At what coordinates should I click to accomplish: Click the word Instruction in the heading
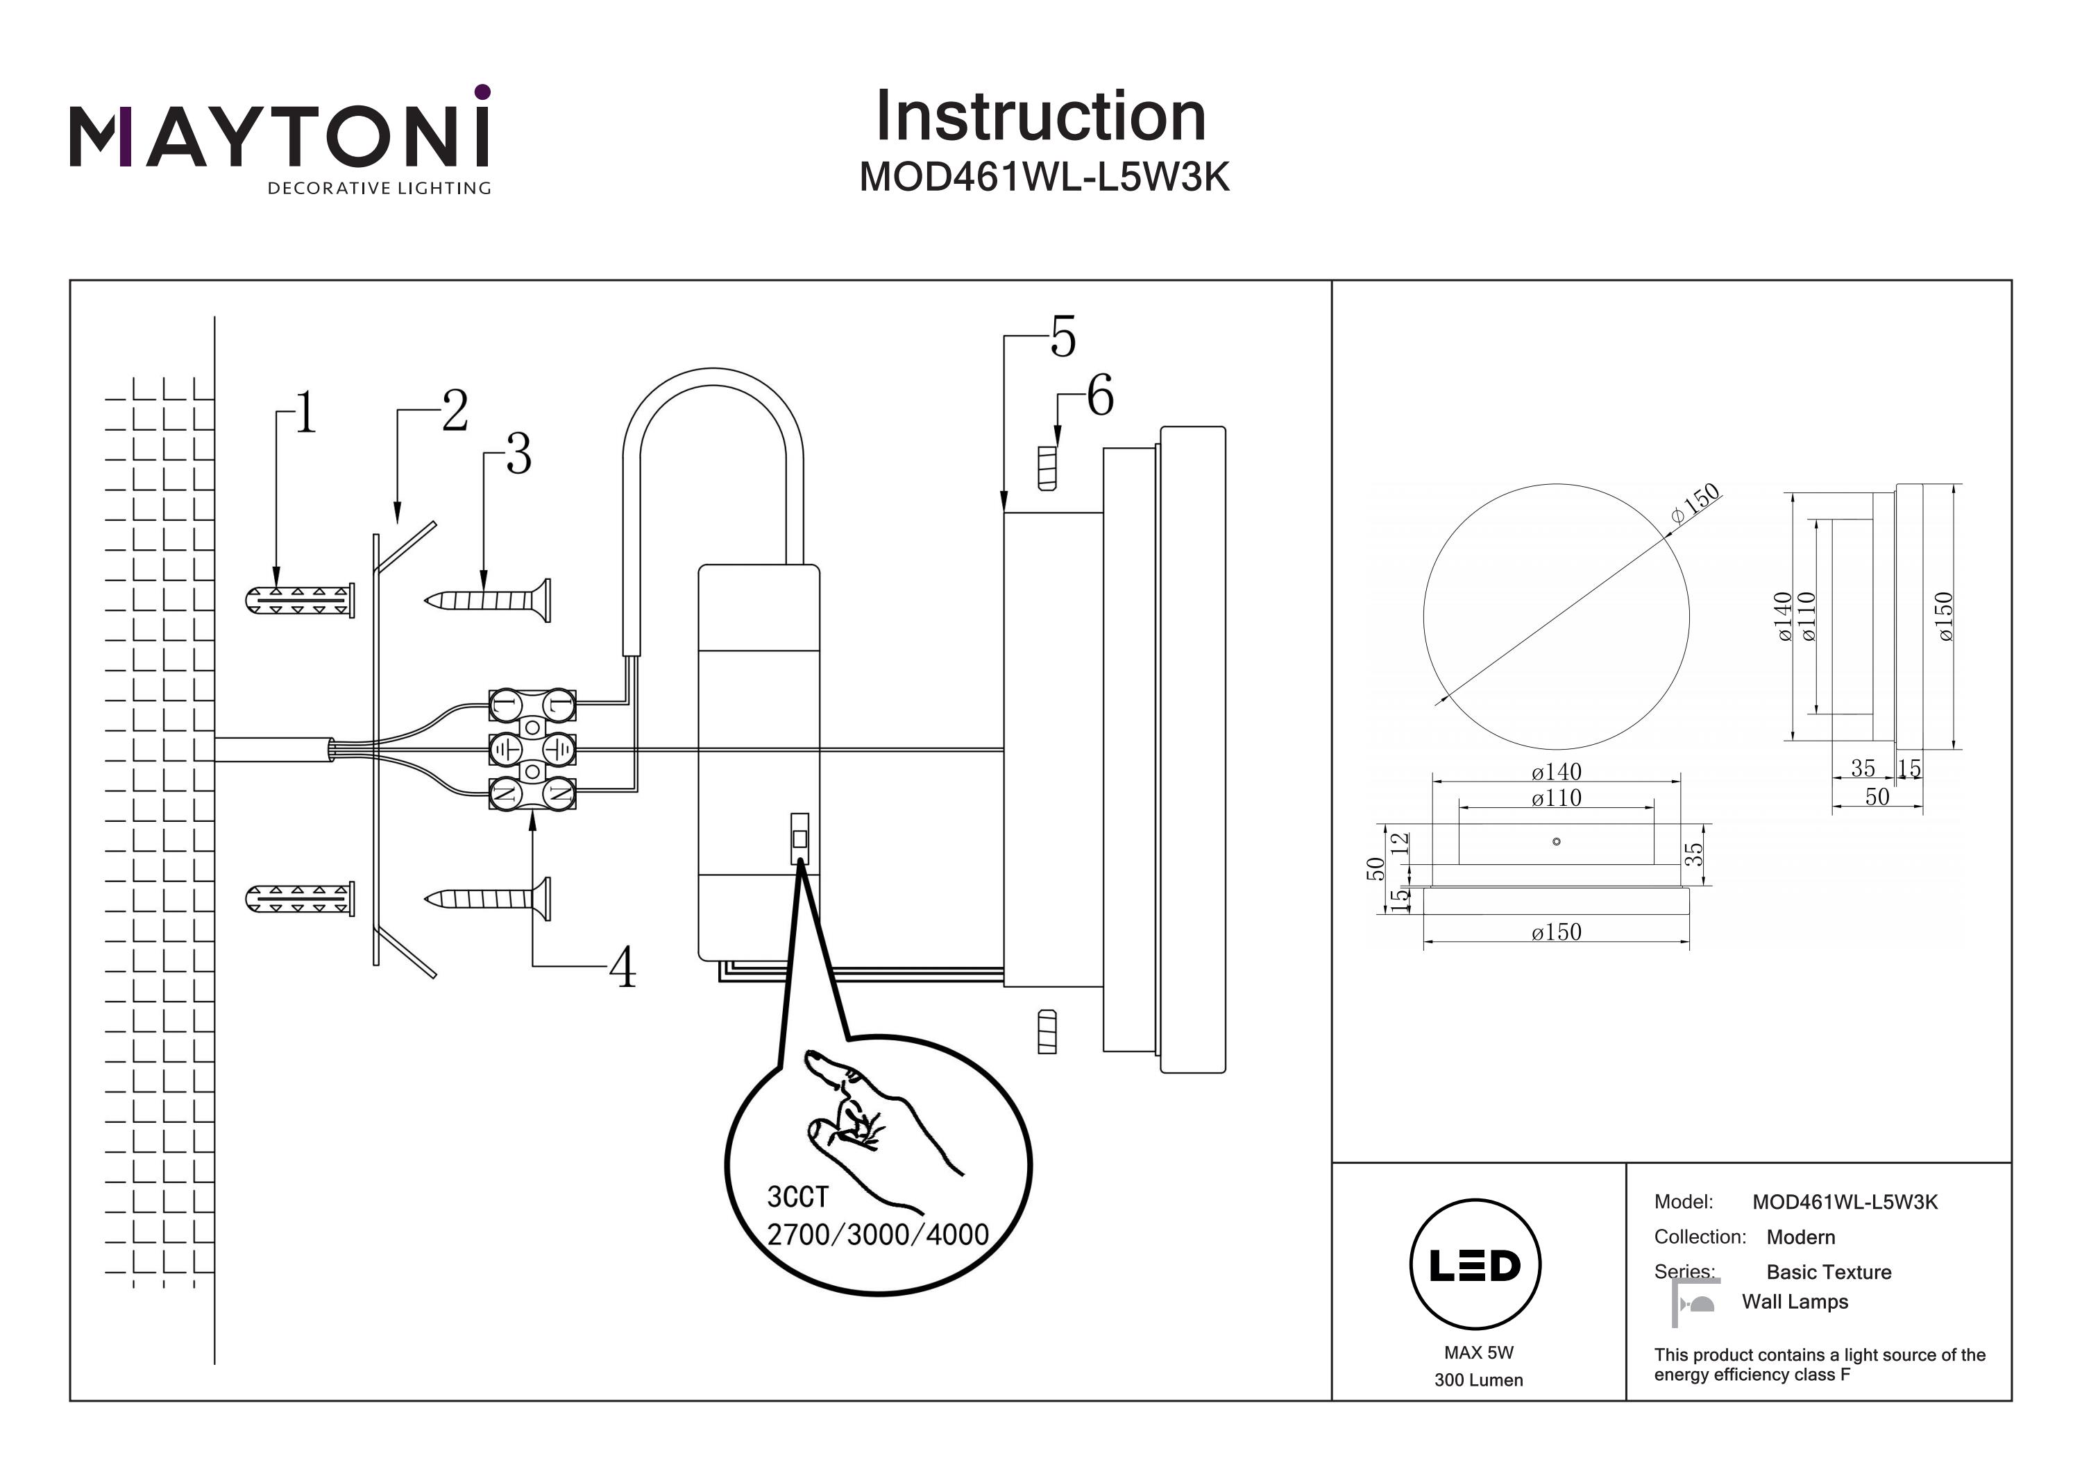(1040, 117)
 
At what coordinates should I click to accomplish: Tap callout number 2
(455, 411)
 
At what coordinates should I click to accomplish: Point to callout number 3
(518, 454)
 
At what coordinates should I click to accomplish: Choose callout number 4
(622, 968)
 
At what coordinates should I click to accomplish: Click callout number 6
(1100, 396)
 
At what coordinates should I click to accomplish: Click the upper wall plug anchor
(299, 600)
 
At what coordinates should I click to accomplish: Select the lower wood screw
(488, 898)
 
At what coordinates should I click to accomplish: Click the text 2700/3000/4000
(878, 1235)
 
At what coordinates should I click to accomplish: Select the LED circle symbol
(1475, 1265)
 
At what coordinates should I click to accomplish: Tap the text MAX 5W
(1478, 1353)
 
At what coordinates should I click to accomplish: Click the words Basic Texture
(1828, 1273)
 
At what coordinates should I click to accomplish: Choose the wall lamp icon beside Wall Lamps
(1694, 1303)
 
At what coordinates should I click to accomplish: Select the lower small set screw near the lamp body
(1047, 1031)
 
